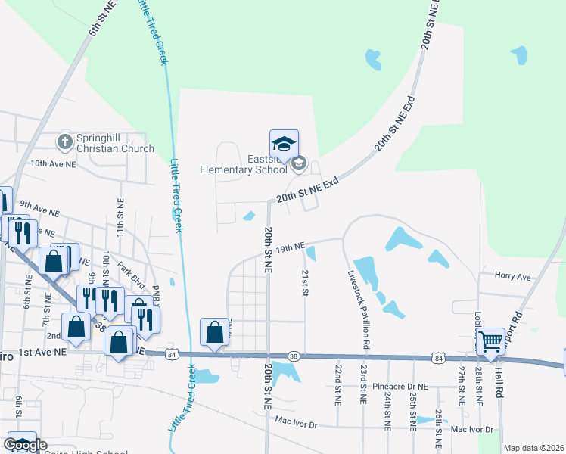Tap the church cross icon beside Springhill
pyautogui.click(x=65, y=141)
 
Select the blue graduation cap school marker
pyautogui.click(x=285, y=144)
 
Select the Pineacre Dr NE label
pyautogui.click(x=400, y=387)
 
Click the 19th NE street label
pyautogui.click(x=290, y=247)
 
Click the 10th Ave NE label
pyautogui.click(x=53, y=163)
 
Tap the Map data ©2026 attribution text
pyautogui.click(x=534, y=448)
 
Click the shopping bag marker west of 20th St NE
pyautogui.click(x=215, y=332)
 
